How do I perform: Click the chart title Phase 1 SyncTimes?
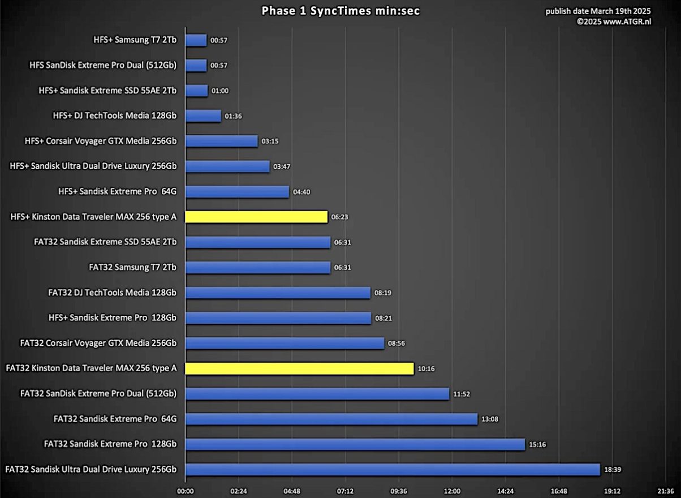tap(340, 11)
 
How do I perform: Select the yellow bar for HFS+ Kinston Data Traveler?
tap(256, 217)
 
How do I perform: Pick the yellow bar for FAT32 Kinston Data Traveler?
tap(299, 368)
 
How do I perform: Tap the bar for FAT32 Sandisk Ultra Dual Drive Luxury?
tap(392, 470)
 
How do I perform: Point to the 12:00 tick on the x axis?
tap(452, 491)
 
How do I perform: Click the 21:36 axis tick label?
tap(665, 491)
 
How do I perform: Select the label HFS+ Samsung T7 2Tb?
tap(135, 40)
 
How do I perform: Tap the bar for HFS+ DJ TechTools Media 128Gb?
tap(203, 116)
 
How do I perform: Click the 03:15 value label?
tap(270, 141)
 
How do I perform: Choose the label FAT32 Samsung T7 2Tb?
tap(132, 267)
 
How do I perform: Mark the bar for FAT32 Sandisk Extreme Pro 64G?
tap(331, 419)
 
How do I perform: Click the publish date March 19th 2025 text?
tap(598, 11)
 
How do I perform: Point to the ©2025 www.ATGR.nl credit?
tap(614, 22)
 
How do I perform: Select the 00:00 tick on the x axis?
tap(186, 491)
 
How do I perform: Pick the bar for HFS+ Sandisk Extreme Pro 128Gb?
tap(278, 318)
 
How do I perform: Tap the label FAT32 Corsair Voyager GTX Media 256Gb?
tap(98, 343)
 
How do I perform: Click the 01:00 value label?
tap(219, 91)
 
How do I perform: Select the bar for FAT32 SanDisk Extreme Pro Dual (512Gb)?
tap(317, 394)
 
